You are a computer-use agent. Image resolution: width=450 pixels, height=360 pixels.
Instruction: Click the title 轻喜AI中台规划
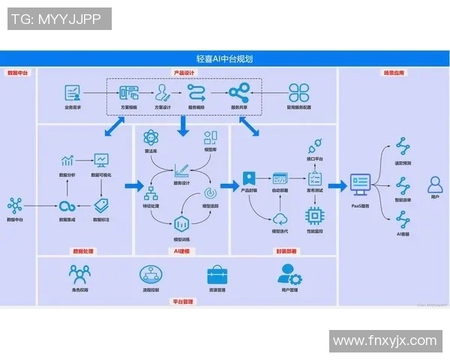point(224,58)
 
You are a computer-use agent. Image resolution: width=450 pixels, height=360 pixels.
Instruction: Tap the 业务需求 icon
point(73,93)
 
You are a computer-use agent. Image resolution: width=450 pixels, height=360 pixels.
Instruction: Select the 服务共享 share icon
point(238,93)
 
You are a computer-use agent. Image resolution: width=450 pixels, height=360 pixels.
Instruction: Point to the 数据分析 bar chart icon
point(67,161)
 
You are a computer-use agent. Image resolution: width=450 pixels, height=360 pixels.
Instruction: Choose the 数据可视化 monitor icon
point(101,160)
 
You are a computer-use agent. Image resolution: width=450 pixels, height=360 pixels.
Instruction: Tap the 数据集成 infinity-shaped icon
point(68,205)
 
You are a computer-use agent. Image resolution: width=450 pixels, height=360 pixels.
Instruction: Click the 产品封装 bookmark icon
point(249,180)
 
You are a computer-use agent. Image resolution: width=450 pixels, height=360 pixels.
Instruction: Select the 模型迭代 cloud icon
point(280,218)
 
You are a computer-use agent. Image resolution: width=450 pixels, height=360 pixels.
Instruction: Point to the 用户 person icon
point(434,184)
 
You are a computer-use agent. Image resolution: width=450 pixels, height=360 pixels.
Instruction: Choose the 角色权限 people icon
point(79,274)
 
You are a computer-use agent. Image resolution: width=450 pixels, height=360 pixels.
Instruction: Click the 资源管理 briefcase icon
point(217,274)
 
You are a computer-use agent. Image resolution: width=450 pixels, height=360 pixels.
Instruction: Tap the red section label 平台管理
point(183,301)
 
